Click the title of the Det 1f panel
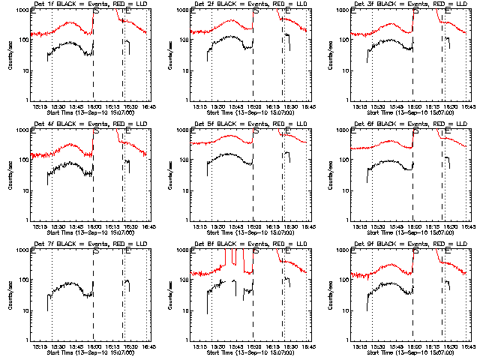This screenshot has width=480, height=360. click(x=90, y=5)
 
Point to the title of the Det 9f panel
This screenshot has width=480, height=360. click(x=409, y=245)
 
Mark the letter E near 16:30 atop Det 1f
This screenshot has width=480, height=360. click(x=127, y=11)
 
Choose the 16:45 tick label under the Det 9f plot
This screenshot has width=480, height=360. click(x=466, y=346)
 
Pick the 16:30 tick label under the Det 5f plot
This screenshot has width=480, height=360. click(x=289, y=226)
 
